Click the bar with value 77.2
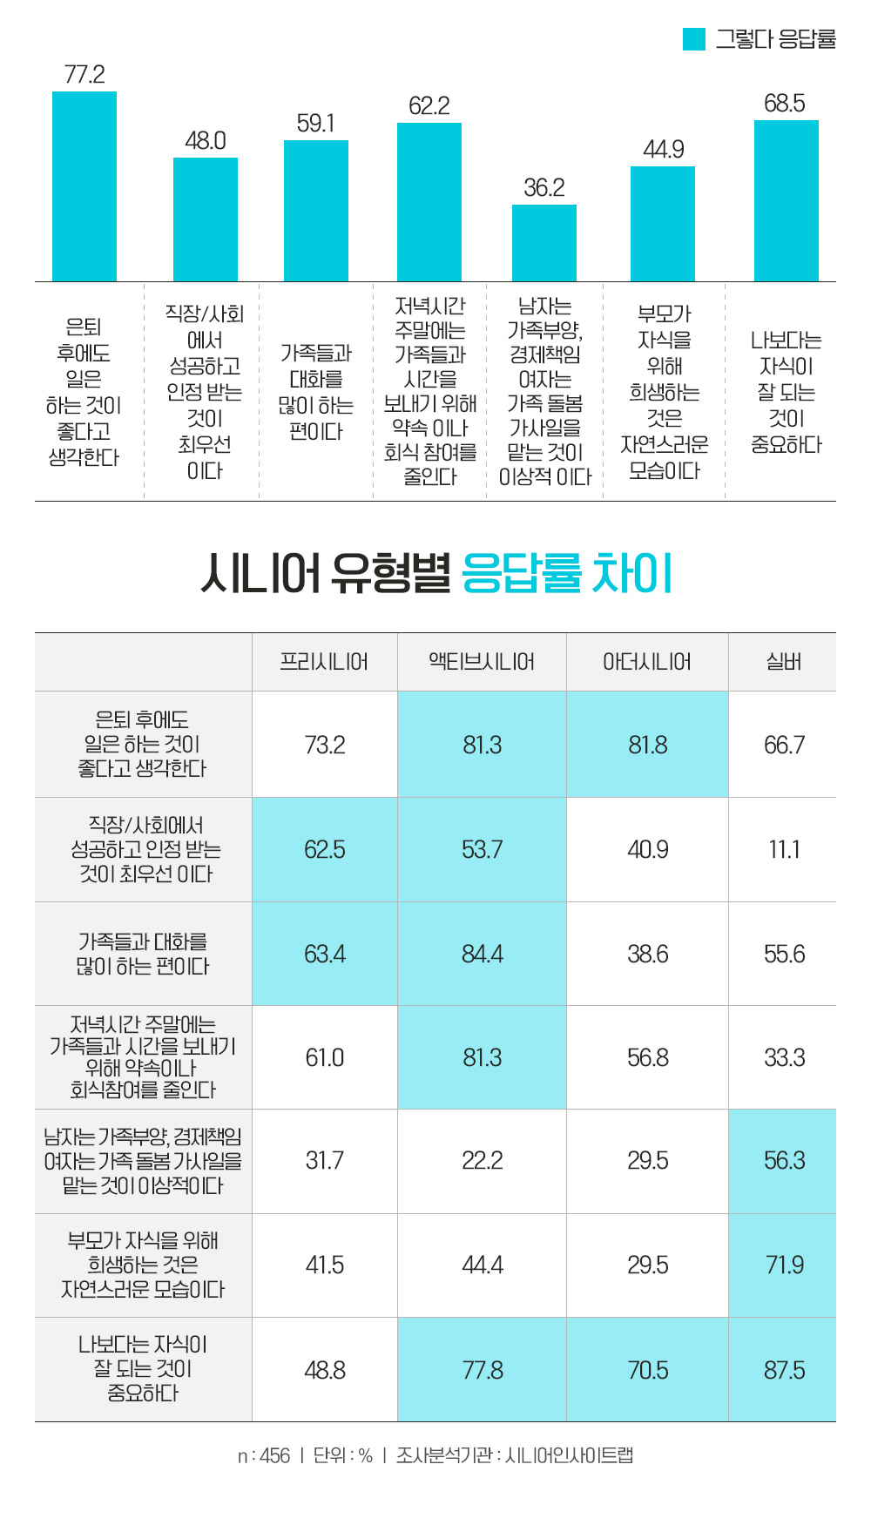pos(84,186)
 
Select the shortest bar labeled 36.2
pos(544,243)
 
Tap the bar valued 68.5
pos(787,200)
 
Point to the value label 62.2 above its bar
pos(429,106)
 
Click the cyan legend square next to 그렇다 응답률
pos(693,39)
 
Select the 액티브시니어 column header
pos(482,662)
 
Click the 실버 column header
pos(783,662)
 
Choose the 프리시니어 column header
pos(324,662)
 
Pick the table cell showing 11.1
pos(783,849)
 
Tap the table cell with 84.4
pos(482,954)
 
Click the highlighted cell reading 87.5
pos(783,1370)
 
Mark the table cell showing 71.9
pos(783,1265)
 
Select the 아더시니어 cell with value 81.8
pos(647,745)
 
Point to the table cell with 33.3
pos(783,1057)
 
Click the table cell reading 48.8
pos(324,1370)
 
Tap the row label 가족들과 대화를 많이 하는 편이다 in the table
pos(143,954)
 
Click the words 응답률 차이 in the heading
pos(567,574)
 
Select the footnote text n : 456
pos(263,1455)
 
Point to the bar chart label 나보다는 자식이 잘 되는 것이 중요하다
pos(786,392)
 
